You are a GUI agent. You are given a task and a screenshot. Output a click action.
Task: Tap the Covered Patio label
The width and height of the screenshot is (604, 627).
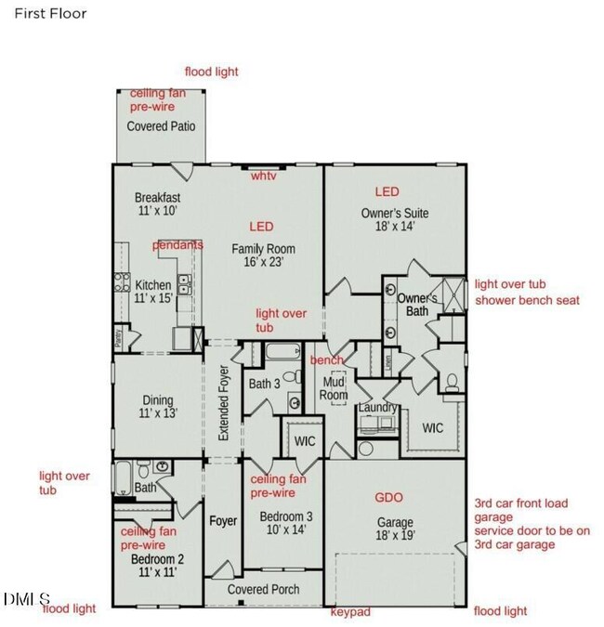(161, 126)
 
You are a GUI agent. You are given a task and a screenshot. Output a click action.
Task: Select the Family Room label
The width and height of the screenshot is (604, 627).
(263, 248)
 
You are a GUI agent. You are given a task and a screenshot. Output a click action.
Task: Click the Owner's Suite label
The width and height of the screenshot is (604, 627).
(395, 213)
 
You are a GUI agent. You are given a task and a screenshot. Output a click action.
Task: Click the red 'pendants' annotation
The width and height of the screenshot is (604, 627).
(177, 244)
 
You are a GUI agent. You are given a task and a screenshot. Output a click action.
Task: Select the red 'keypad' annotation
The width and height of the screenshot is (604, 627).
(351, 612)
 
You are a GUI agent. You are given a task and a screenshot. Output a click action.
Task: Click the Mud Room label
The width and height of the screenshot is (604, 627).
(335, 387)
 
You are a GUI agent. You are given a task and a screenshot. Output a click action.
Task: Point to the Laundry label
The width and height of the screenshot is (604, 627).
(379, 408)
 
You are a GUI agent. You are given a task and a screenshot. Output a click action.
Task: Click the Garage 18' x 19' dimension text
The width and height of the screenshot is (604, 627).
(395, 535)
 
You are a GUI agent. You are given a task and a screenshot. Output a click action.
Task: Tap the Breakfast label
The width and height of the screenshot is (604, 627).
(157, 198)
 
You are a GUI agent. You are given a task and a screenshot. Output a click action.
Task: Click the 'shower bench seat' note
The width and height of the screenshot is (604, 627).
(527, 300)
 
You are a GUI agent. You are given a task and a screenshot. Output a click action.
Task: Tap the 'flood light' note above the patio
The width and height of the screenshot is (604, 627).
(211, 72)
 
